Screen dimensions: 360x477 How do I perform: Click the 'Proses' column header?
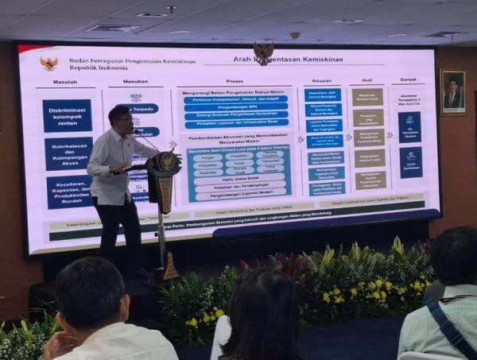click(x=235, y=81)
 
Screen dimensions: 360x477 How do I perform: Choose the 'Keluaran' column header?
click(x=322, y=79)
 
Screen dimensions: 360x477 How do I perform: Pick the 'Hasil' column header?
click(x=366, y=79)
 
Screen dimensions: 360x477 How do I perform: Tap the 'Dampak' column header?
click(x=409, y=79)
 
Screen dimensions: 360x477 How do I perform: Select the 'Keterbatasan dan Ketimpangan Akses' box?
click(x=68, y=153)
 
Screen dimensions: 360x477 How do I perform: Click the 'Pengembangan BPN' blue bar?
click(x=235, y=106)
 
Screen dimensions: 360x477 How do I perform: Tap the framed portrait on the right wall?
click(x=452, y=91)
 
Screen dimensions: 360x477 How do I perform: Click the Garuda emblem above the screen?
click(x=263, y=52)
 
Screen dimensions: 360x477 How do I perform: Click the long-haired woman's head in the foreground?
click(x=263, y=310)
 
